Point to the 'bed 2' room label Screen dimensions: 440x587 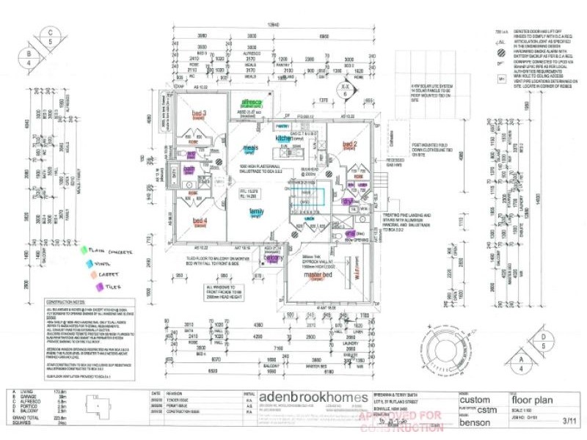point(349,144)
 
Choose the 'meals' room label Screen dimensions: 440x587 point(249,147)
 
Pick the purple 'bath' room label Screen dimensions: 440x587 point(189,169)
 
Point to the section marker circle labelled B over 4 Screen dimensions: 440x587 point(29,57)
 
